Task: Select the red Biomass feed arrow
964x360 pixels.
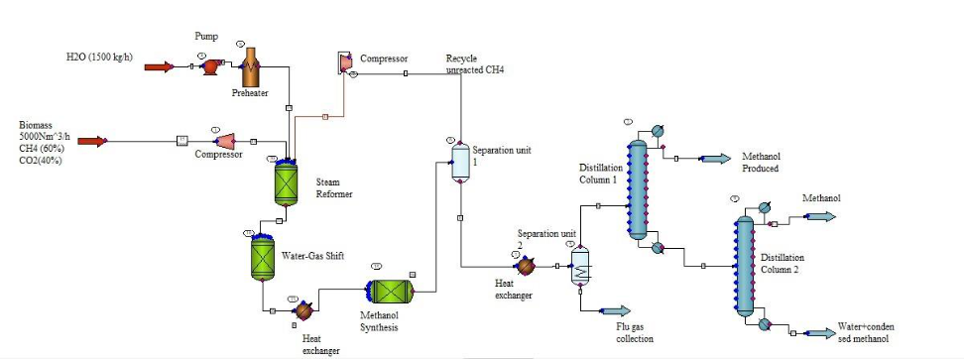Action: (x=92, y=141)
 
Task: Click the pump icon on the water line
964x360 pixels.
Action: (x=209, y=67)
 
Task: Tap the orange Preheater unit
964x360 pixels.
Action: (x=250, y=66)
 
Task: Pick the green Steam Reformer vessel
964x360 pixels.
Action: (x=286, y=181)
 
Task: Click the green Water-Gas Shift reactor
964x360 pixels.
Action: (x=262, y=257)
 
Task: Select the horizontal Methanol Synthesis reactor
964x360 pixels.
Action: (x=390, y=291)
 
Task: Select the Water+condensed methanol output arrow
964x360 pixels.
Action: (x=820, y=332)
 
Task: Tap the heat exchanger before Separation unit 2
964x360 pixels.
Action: (x=526, y=266)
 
